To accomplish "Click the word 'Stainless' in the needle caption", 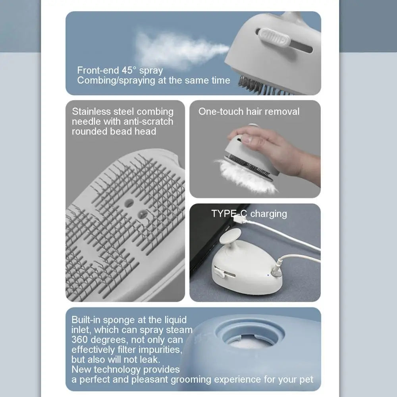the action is (91, 112).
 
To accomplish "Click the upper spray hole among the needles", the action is (129, 202).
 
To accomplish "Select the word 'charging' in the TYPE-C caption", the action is (269, 214).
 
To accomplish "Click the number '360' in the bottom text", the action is (79, 340).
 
